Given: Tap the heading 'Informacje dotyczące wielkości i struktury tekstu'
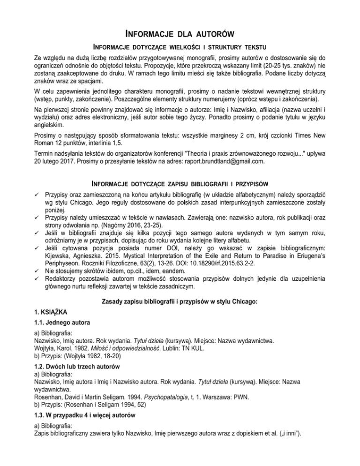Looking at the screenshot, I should (x=180, y=47).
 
